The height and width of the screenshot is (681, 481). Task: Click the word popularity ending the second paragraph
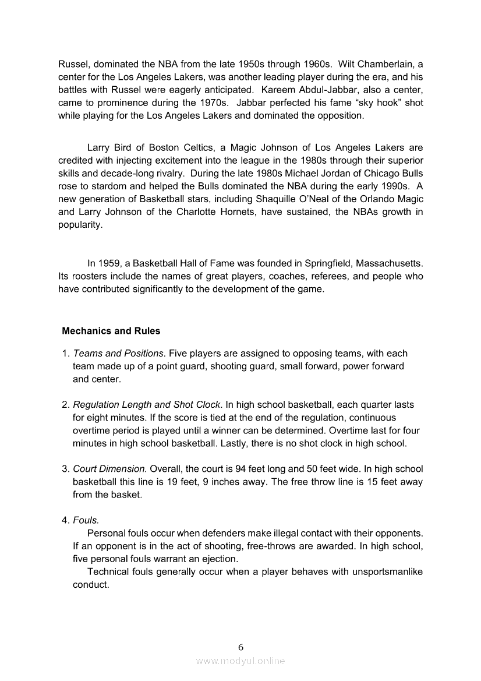80,225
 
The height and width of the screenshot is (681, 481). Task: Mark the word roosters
90,276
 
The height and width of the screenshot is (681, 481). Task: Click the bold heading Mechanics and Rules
111,331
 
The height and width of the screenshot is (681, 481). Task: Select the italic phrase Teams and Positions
118,354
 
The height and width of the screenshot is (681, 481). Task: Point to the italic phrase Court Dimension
109,469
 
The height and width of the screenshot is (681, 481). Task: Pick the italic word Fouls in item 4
86,520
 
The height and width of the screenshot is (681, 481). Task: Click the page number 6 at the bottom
240,647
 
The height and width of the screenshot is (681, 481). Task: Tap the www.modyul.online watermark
240,661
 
